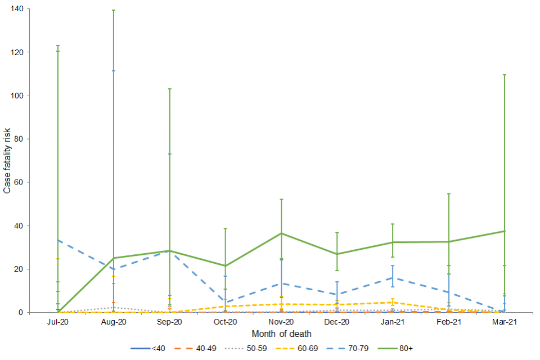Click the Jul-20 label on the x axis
coord(58,322)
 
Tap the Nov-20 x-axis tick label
coord(281,322)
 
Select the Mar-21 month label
coord(505,322)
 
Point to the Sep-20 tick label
coord(169,322)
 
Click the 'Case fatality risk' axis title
coord(7,160)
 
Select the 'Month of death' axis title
coord(281,334)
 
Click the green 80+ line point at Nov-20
coord(281,233)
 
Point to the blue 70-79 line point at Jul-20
coord(58,240)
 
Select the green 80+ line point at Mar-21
coord(505,231)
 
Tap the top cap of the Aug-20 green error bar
coord(114,10)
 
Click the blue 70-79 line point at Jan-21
coord(393,277)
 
